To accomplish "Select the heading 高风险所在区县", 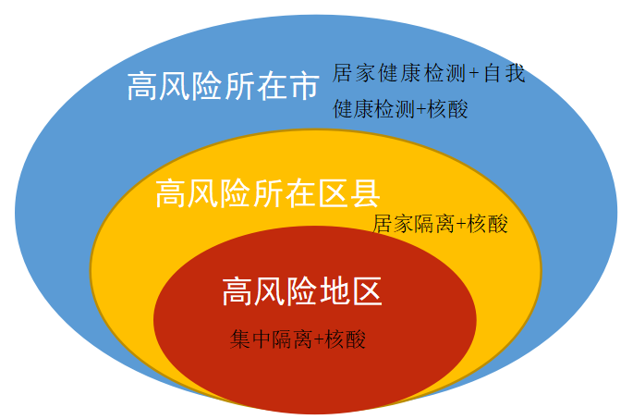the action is click(268, 194).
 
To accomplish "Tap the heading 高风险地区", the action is click(302, 292).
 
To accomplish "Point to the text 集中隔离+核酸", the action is click(298, 339).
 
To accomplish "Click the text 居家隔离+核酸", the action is click(440, 224).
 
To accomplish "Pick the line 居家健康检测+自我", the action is click(429, 73).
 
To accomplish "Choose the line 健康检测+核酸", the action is click(400, 109).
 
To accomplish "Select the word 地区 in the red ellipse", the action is click(349, 292).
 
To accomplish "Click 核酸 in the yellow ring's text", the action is click(488, 224).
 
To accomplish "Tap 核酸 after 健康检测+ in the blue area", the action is click(447, 109).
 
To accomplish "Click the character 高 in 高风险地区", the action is click(237, 292).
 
